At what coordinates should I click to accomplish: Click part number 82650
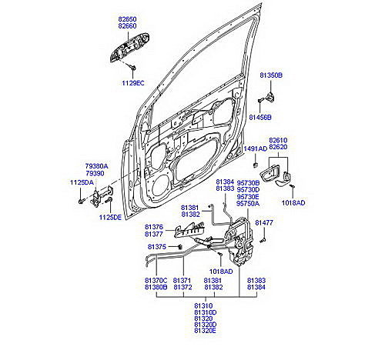click(127, 19)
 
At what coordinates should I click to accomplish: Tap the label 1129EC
click(133, 83)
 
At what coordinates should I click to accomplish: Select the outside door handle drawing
click(129, 48)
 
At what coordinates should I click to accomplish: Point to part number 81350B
click(271, 75)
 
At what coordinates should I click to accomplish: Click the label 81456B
click(260, 117)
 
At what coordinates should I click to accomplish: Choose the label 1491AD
click(256, 149)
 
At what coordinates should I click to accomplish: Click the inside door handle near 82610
click(275, 176)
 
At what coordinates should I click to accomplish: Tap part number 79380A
click(97, 166)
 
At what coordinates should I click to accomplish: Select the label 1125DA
click(82, 182)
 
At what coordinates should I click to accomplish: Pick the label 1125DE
click(110, 218)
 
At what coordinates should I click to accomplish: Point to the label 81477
click(264, 223)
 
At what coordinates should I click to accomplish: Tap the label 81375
click(157, 247)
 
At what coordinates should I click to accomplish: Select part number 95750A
click(248, 204)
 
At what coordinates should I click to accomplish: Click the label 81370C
click(156, 281)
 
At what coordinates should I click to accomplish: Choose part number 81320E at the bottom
click(206, 331)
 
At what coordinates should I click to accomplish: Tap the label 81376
click(154, 227)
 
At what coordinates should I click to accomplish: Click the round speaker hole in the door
click(160, 188)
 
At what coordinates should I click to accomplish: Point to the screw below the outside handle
click(132, 67)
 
